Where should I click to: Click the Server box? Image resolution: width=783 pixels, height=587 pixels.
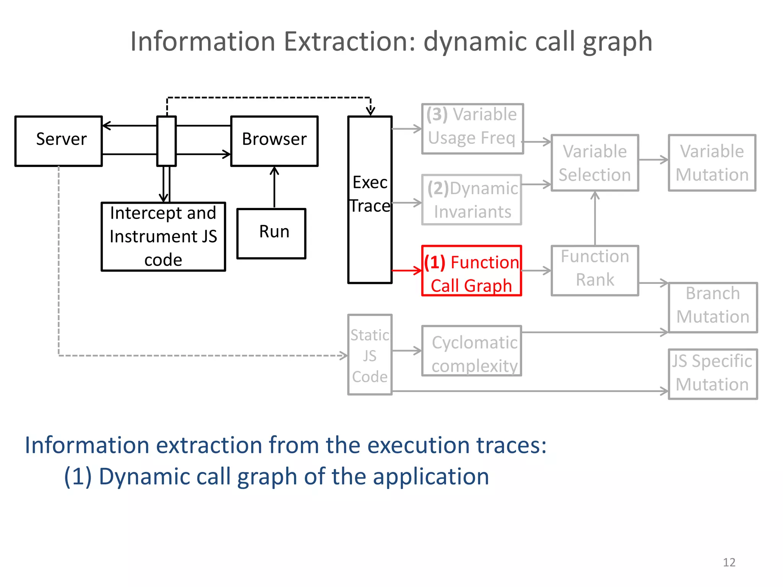(58, 141)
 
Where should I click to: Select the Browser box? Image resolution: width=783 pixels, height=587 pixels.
(274, 141)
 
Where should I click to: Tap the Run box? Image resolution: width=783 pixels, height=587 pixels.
(271, 234)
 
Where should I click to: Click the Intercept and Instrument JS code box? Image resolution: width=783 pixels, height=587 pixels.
(163, 237)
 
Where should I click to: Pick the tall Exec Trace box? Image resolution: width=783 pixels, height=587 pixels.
(370, 199)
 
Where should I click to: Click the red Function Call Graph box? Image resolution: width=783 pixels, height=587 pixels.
(471, 271)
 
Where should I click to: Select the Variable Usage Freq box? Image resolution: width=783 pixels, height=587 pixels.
(472, 129)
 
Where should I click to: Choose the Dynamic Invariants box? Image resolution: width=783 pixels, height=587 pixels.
(472, 199)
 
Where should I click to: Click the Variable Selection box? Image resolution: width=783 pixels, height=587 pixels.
(595, 163)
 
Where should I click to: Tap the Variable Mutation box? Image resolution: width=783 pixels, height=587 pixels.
(712, 163)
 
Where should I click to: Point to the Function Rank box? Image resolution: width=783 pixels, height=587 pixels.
(595, 271)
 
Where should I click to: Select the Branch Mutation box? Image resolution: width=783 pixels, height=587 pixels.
(713, 308)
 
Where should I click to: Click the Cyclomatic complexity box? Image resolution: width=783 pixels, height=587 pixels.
(471, 351)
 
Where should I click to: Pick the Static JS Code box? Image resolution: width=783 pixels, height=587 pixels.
(370, 355)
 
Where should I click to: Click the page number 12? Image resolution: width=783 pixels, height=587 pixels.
(729, 562)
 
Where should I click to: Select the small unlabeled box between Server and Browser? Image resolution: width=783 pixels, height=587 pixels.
(166, 141)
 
